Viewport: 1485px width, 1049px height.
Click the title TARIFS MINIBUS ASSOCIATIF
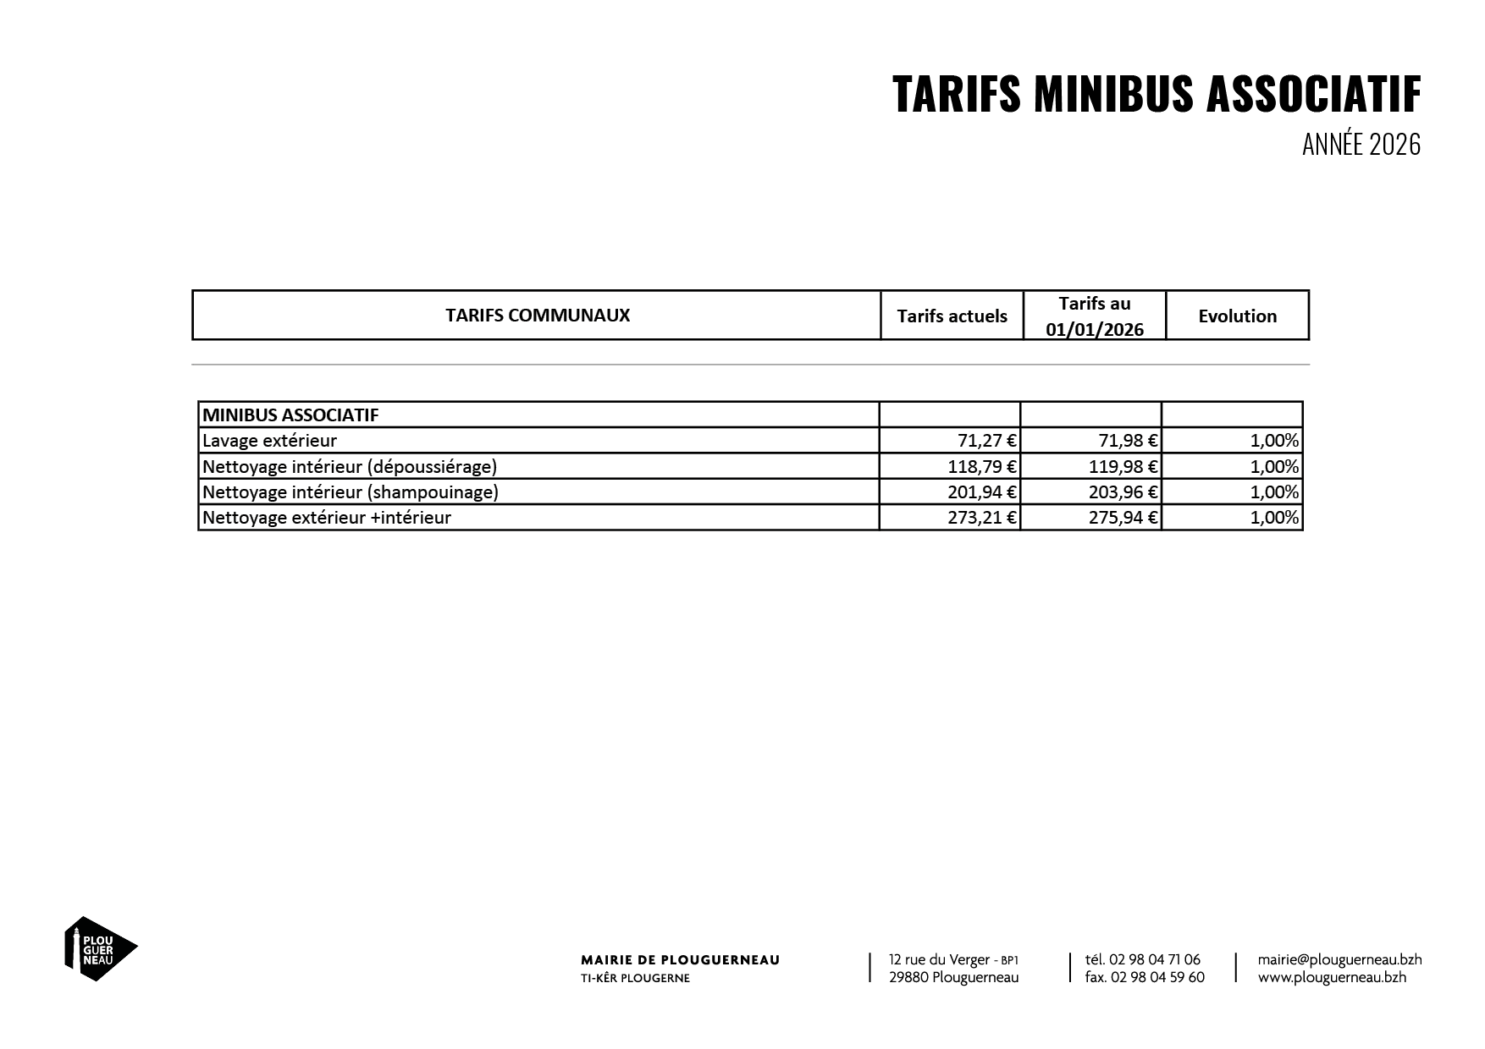pyautogui.click(x=1156, y=94)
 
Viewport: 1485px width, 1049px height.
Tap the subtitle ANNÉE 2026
pyautogui.click(x=1361, y=145)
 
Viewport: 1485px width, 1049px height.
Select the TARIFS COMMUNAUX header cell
pyautogui.click(x=538, y=316)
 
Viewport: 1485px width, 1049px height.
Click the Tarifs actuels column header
pyautogui.click(x=952, y=316)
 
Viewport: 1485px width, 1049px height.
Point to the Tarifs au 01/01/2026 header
pyautogui.click(x=1094, y=316)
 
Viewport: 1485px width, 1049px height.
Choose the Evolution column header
pyautogui.click(x=1237, y=316)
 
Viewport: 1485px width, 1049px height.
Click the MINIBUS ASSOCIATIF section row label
pyautogui.click(x=290, y=415)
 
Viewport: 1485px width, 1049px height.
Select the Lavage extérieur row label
pyautogui.click(x=269, y=441)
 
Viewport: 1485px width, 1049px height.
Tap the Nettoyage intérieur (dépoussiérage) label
pyautogui.click(x=350, y=466)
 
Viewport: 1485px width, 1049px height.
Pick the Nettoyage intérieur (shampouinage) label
pyautogui.click(x=351, y=492)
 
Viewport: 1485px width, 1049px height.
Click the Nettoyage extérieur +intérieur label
pyautogui.click(x=327, y=517)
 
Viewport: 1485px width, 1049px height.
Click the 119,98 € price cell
pyautogui.click(x=1123, y=466)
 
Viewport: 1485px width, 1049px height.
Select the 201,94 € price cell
pyautogui.click(x=982, y=492)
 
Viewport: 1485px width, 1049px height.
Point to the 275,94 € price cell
pyautogui.click(x=1123, y=517)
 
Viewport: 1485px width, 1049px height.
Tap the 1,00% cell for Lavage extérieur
pyautogui.click(x=1273, y=441)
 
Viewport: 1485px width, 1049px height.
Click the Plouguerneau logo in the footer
pyautogui.click(x=100, y=948)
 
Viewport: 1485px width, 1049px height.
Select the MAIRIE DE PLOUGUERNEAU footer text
pyautogui.click(x=680, y=960)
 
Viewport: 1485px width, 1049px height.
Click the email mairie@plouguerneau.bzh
pyautogui.click(x=1339, y=959)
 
